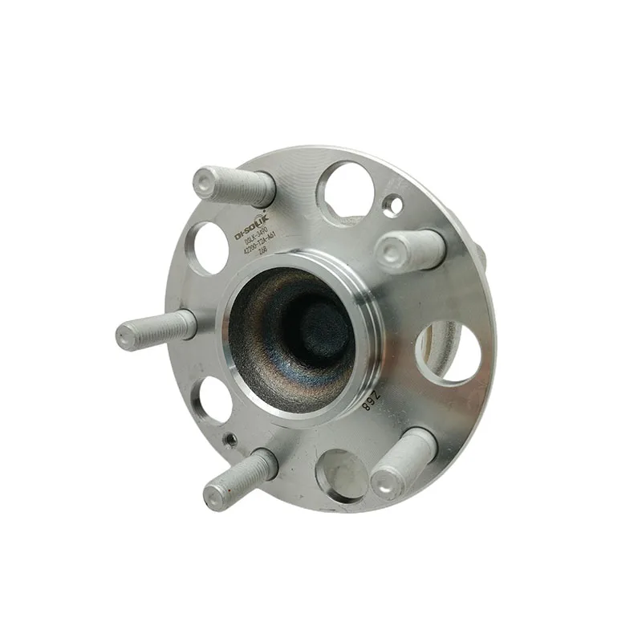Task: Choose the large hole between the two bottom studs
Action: click(x=341, y=473)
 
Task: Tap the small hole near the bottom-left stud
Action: click(x=230, y=439)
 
